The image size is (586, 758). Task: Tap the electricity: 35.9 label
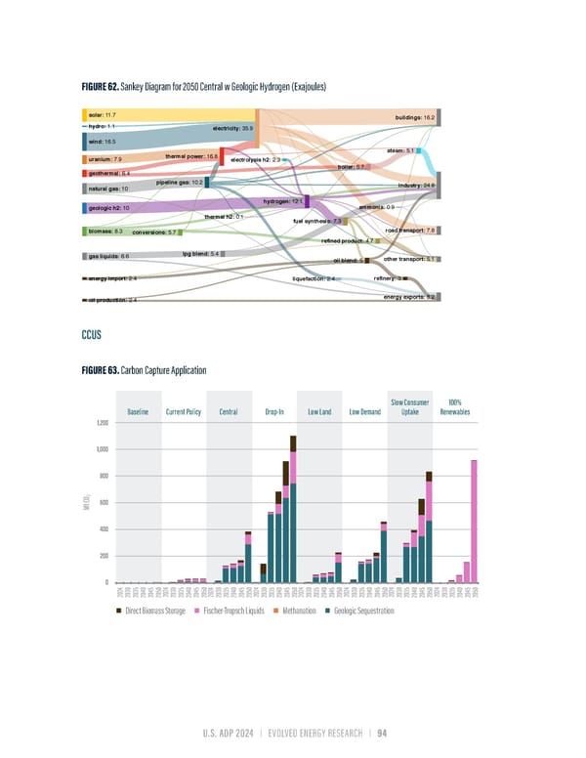coord(232,128)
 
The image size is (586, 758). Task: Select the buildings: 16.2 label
coord(415,117)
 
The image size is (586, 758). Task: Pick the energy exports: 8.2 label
coord(408,296)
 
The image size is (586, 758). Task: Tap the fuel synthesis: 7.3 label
coord(315,222)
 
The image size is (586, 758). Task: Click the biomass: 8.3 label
coord(105,232)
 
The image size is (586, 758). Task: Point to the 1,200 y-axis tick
coord(101,423)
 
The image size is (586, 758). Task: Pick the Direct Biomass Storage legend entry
coord(157,611)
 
